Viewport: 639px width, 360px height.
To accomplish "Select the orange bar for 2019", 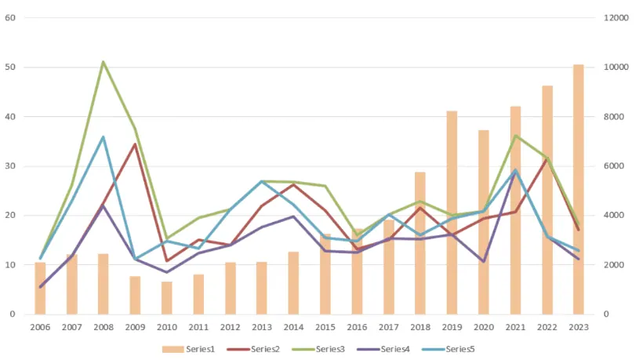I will point(452,213).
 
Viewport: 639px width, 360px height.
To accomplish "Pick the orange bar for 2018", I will point(420,243).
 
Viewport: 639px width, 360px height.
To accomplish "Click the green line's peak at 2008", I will point(103,62).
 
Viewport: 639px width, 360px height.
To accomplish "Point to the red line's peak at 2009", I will point(135,144).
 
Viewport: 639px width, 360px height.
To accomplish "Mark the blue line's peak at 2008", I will point(103,137).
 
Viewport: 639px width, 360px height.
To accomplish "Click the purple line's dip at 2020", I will point(484,261).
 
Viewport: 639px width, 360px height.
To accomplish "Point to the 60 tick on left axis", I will point(11,17).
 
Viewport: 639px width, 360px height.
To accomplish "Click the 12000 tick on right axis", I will point(616,17).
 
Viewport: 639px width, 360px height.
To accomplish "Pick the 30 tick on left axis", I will point(11,166).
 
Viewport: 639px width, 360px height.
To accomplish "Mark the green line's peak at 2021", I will point(515,136).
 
